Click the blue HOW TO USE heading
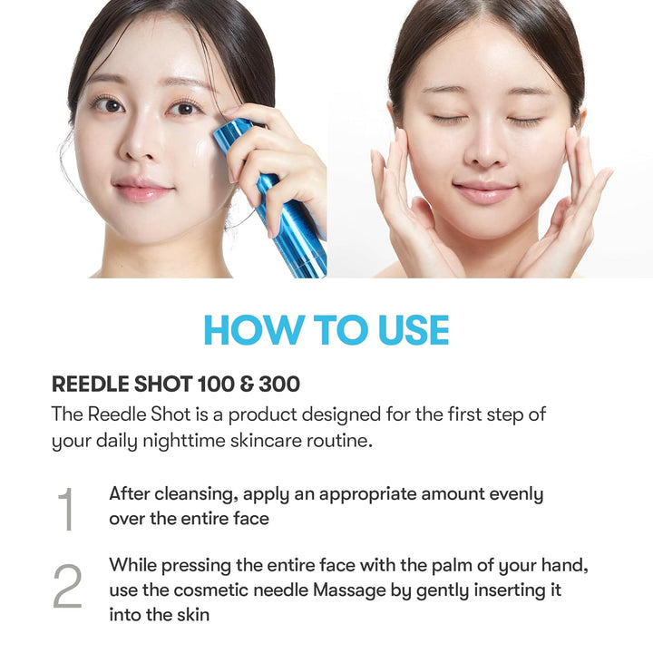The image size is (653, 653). click(x=326, y=330)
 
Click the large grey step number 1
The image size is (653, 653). click(x=65, y=509)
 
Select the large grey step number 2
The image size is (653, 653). click(x=67, y=587)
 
